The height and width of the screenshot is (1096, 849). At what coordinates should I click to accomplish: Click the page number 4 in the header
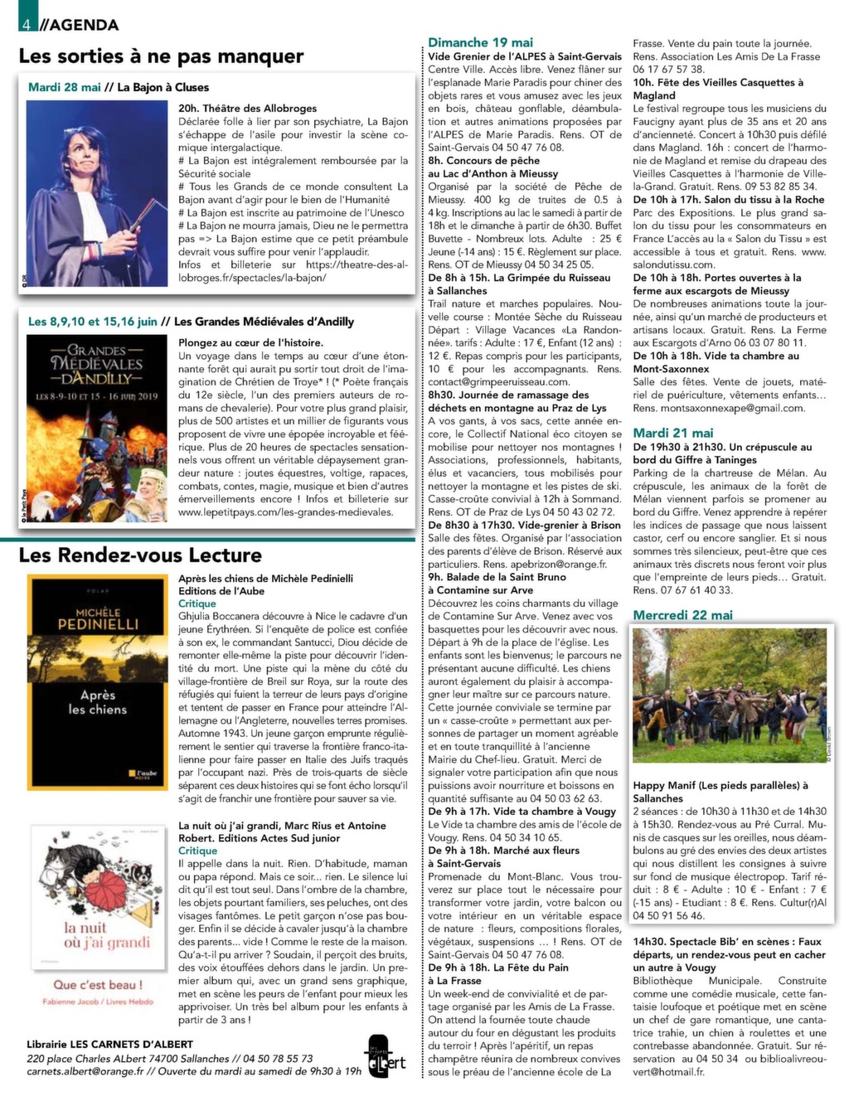click(27, 24)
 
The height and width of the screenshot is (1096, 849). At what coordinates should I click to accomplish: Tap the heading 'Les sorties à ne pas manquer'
click(161, 56)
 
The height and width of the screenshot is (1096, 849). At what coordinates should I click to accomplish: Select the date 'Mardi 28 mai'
click(64, 87)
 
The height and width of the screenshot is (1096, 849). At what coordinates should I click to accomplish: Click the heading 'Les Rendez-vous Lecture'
click(140, 555)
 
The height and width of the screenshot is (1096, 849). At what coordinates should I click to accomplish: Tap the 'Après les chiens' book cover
click(98, 681)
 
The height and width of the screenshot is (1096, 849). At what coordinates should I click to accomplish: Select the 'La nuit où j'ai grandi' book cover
click(98, 916)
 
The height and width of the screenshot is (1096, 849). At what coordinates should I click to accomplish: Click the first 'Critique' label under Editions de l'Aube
click(197, 604)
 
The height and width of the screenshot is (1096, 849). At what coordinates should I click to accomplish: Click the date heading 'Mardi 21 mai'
click(673, 433)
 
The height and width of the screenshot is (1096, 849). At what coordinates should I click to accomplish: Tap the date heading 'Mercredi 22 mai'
click(682, 615)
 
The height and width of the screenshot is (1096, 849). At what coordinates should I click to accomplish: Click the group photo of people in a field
click(730, 696)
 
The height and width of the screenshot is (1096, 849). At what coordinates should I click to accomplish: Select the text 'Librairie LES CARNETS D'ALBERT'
click(109, 1044)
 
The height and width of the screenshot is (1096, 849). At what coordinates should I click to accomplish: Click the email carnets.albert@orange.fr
click(85, 1070)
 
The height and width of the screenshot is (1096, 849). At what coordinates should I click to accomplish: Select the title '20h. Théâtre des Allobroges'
click(248, 109)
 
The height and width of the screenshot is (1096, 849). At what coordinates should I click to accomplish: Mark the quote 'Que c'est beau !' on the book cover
click(98, 984)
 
